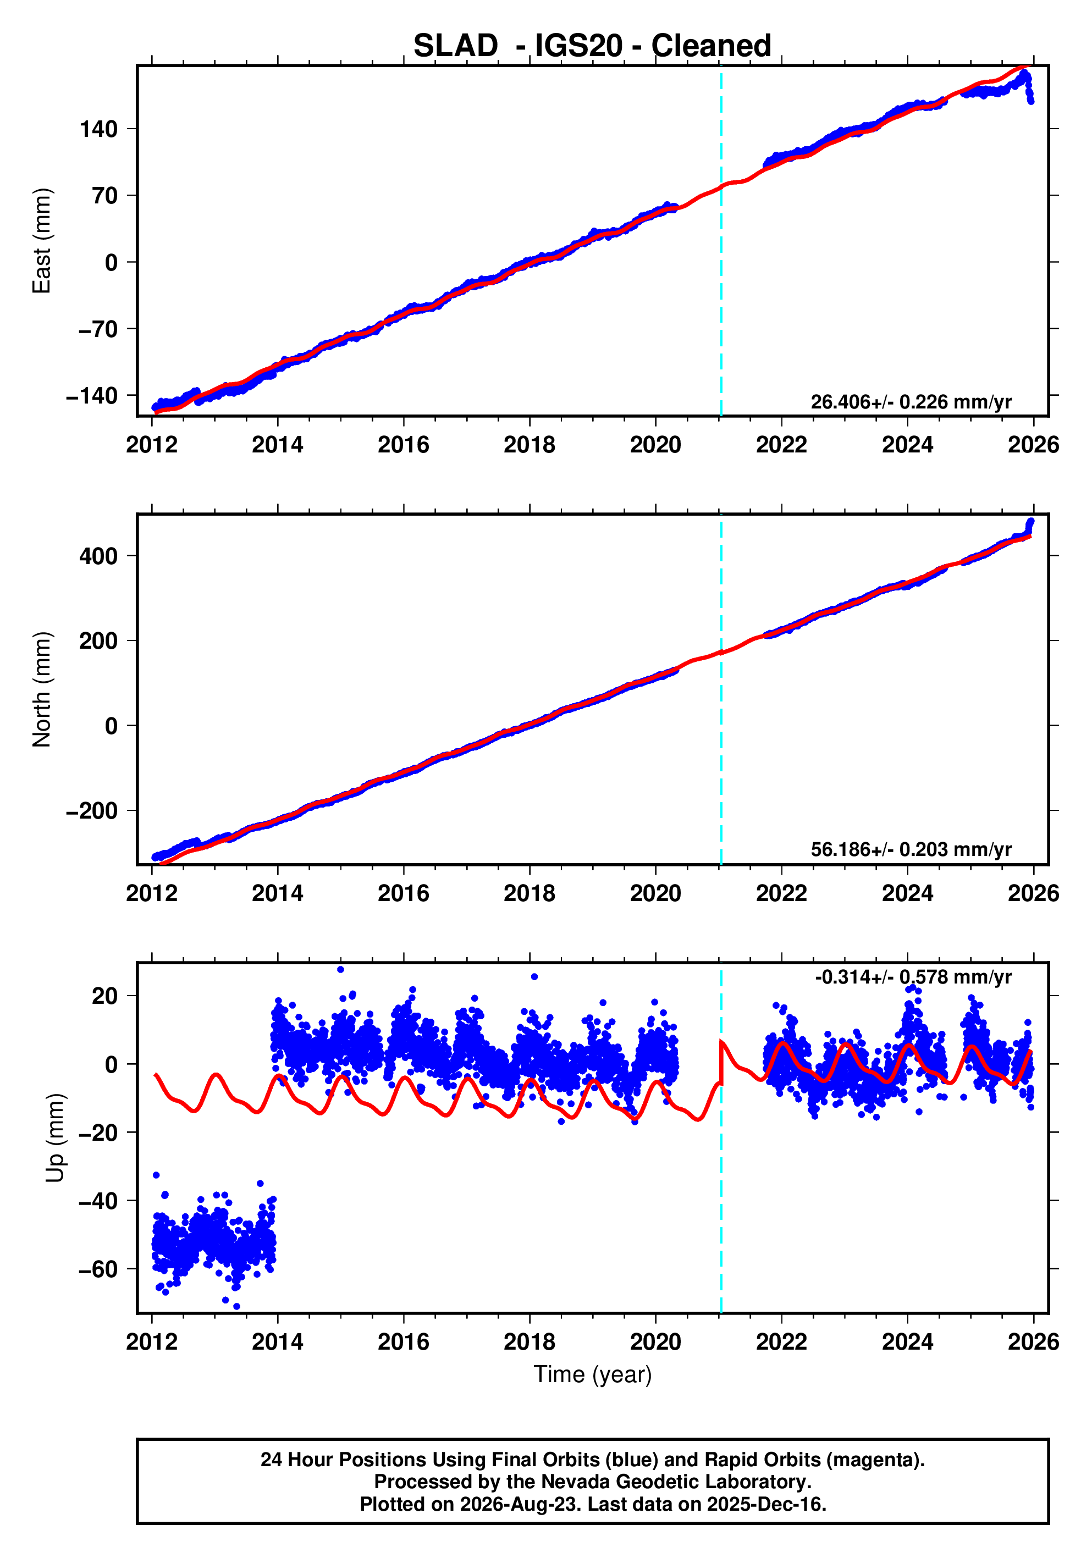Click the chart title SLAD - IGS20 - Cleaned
[x=593, y=46]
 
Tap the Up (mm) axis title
[x=56, y=1138]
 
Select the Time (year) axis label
[x=593, y=1374]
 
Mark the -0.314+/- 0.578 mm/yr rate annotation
[x=913, y=977]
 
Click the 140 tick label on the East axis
[x=98, y=129]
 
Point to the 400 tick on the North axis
[x=98, y=556]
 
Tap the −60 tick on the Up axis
[x=98, y=1269]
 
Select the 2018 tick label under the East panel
[x=530, y=445]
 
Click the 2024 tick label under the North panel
[x=907, y=893]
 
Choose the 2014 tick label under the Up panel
[x=278, y=1341]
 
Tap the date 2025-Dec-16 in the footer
[x=765, y=1504]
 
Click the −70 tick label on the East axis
[x=98, y=329]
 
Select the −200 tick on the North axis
[x=92, y=811]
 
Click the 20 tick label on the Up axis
[x=105, y=996]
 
